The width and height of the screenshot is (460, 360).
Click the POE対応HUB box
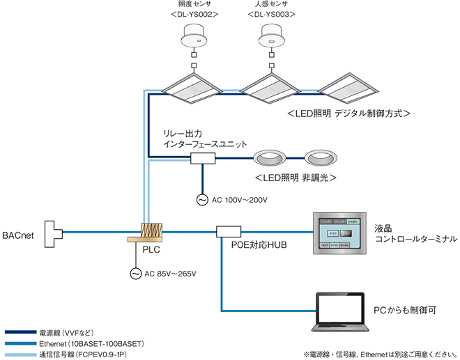(228, 230)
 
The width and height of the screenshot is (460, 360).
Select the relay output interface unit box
(203, 159)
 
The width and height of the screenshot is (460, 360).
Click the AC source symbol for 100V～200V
(203, 201)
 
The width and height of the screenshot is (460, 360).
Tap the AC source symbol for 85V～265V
(136, 274)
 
